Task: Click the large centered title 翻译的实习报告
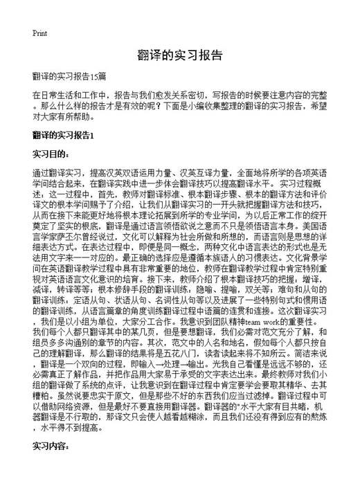(x=179, y=56)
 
